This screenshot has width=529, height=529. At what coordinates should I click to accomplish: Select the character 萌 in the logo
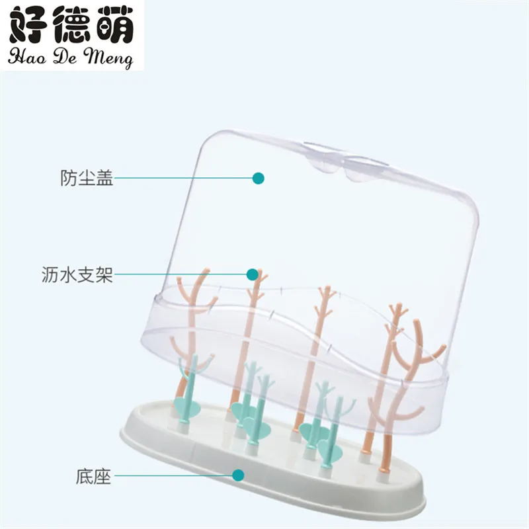(x=111, y=28)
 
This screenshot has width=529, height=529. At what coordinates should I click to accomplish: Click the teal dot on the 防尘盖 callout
(x=259, y=178)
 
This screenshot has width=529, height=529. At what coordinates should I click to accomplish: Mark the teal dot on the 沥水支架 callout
(x=252, y=274)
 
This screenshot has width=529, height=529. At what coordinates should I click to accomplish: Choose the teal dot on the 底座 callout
(x=239, y=474)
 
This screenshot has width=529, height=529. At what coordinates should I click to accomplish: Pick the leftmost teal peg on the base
(x=186, y=390)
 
